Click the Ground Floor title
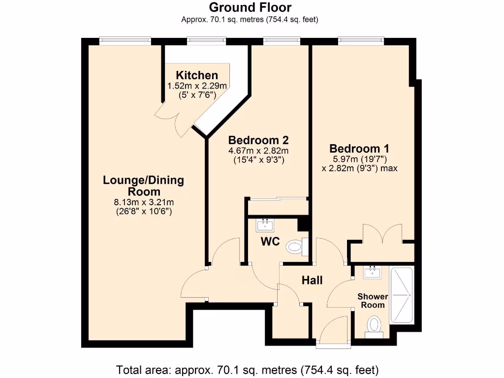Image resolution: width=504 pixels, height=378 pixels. pyautogui.click(x=250, y=7)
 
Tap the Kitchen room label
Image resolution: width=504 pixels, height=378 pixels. pyautogui.click(x=197, y=75)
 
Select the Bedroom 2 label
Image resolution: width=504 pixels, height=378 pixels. pyautogui.click(x=258, y=140)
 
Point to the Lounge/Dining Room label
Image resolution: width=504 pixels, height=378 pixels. pyautogui.click(x=143, y=186)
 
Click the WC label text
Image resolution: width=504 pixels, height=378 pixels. pyautogui.click(x=271, y=242)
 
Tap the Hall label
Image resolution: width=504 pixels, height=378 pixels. pyautogui.click(x=312, y=280)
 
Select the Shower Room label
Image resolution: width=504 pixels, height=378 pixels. pyautogui.click(x=373, y=301)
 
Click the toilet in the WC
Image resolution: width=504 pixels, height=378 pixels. pyautogui.click(x=295, y=246)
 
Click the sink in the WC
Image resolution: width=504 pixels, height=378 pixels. pyautogui.click(x=265, y=225)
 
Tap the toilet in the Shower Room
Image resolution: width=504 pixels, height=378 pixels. pyautogui.click(x=374, y=326)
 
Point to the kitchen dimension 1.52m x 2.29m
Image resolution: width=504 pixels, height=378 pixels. pyautogui.click(x=197, y=86)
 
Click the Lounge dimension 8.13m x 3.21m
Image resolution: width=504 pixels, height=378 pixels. pyautogui.click(x=144, y=202)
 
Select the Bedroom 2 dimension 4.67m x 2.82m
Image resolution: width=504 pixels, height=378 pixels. pyautogui.click(x=258, y=151)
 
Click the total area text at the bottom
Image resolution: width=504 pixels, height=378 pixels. pyautogui.click(x=247, y=369)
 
